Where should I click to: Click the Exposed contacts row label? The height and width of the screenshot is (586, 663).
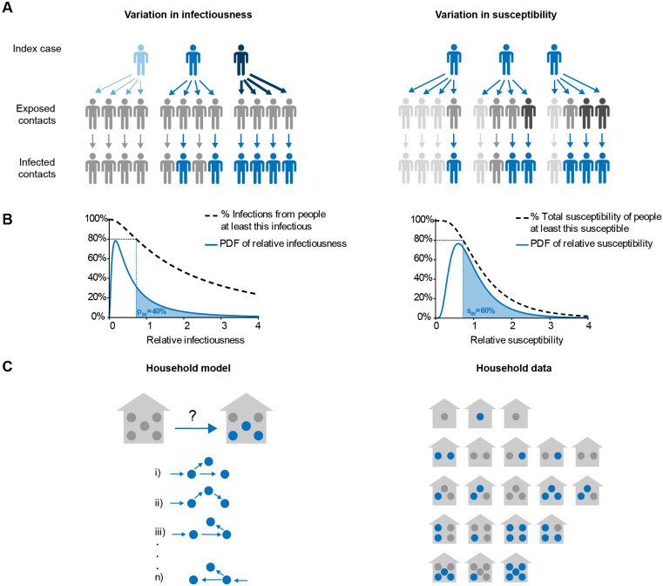tap(40, 112)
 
